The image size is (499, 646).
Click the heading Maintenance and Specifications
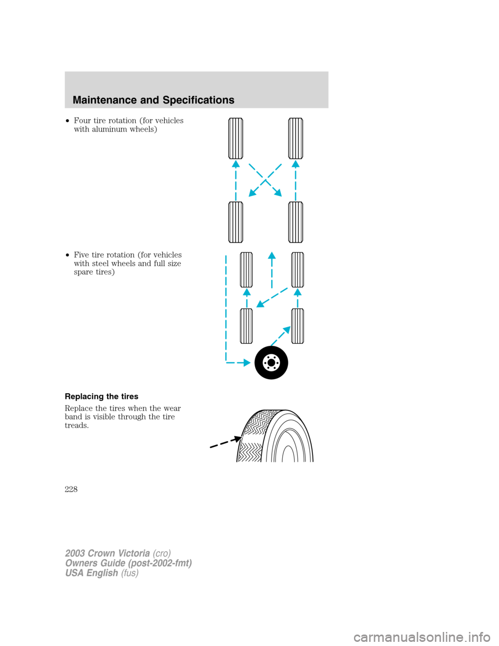click(153, 100)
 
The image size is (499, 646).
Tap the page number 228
click(71, 489)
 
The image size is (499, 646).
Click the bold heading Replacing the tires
click(101, 396)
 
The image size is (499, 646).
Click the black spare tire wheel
click(271, 363)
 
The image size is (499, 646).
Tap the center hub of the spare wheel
click(271, 363)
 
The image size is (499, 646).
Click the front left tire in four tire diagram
click(236, 138)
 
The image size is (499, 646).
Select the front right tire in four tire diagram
click(296, 138)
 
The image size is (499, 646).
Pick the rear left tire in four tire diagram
click(236, 223)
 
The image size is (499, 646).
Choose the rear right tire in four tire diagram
click(296, 223)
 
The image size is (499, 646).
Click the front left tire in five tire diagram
click(246, 269)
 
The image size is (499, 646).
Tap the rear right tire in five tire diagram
click(298, 326)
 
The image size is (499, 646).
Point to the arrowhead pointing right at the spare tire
click(247, 363)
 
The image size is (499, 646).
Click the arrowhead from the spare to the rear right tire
click(286, 330)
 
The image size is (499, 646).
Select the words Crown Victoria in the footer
click(119, 553)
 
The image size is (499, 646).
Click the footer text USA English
click(91, 573)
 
